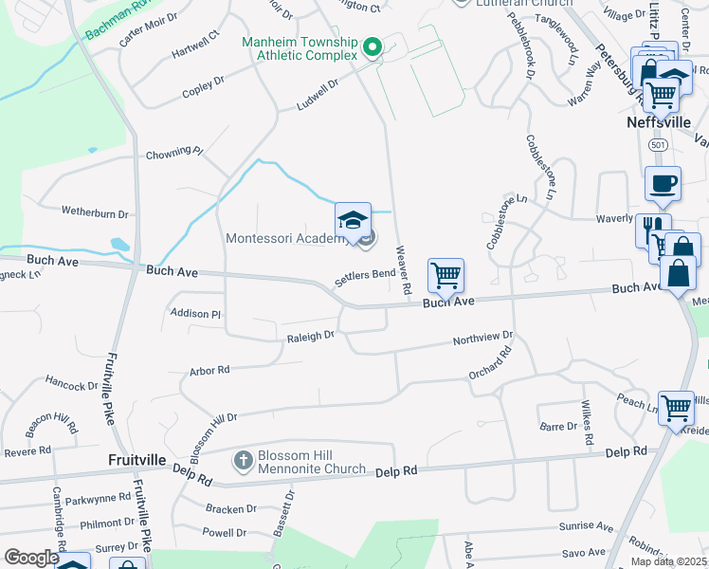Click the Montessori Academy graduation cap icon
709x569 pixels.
pyautogui.click(x=352, y=219)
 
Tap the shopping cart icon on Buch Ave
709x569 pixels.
pyautogui.click(x=445, y=276)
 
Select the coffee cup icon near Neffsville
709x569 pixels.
pyautogui.click(x=663, y=184)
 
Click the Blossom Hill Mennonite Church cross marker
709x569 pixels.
pyautogui.click(x=243, y=461)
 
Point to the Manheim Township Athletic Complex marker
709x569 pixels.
pyautogui.click(x=373, y=46)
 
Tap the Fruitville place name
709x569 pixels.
pyautogui.click(x=137, y=460)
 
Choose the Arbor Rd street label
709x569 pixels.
pyautogui.click(x=209, y=371)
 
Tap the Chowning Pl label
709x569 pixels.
pyautogui.click(x=173, y=152)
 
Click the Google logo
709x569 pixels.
pyautogui.click(x=30, y=558)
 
